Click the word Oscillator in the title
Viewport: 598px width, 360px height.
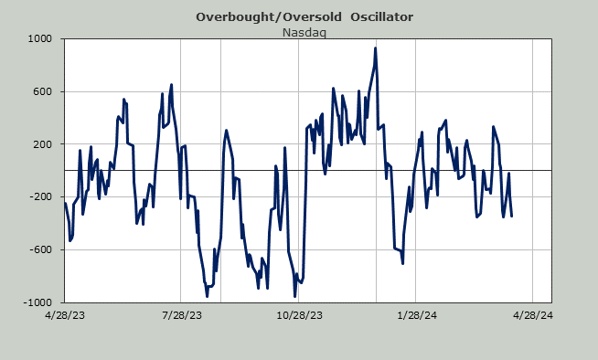pos(382,17)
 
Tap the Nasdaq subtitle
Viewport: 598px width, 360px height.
pos(304,33)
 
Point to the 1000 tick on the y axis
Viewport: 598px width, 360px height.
pos(39,39)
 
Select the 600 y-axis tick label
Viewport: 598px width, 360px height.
pos(44,91)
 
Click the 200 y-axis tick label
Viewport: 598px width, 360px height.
pos(44,144)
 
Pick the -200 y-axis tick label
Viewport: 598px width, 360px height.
pos(42,197)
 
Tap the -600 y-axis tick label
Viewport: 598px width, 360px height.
pos(42,250)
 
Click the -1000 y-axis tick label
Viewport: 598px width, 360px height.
pos(37,302)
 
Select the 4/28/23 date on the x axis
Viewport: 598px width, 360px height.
pos(65,315)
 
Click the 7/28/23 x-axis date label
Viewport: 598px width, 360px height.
pos(182,315)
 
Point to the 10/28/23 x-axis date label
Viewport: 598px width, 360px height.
pos(299,315)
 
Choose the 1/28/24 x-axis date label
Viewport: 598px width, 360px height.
pos(417,315)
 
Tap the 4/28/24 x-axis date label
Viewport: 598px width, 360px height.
pos(533,315)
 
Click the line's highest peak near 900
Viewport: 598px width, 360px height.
pos(375,48)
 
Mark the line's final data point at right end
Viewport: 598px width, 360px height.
pos(511,216)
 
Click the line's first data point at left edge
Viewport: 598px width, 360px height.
pos(65,204)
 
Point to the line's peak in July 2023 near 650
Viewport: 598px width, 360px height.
pos(171,85)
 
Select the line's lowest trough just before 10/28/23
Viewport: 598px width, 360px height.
pos(294,296)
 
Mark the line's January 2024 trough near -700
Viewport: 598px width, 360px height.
pos(402,263)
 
